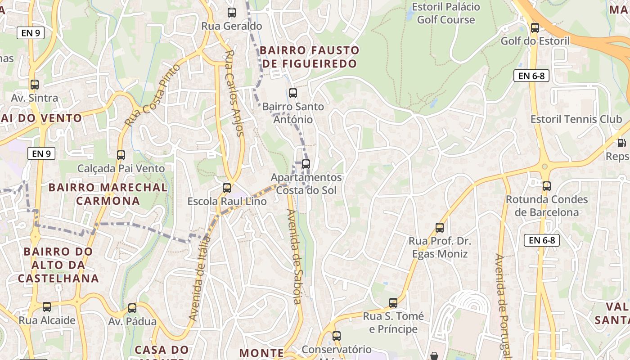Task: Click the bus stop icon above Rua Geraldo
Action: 232,13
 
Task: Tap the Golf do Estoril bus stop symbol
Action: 535,28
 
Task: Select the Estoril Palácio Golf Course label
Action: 446,13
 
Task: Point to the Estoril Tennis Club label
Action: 576,119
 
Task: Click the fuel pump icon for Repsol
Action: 621,143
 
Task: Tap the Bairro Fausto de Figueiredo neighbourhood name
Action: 310,57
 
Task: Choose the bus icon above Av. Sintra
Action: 35,85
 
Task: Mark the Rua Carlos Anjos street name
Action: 234,93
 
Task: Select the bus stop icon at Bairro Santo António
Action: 293,93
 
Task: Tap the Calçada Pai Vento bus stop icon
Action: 121,155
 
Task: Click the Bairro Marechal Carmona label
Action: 108,194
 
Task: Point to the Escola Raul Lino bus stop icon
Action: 227,188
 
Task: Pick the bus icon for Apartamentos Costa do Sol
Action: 306,164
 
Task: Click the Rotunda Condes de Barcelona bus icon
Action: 547,186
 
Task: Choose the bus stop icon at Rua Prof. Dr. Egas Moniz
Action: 440,228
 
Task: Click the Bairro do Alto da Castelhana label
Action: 58,265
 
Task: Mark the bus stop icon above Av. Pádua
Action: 132,308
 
